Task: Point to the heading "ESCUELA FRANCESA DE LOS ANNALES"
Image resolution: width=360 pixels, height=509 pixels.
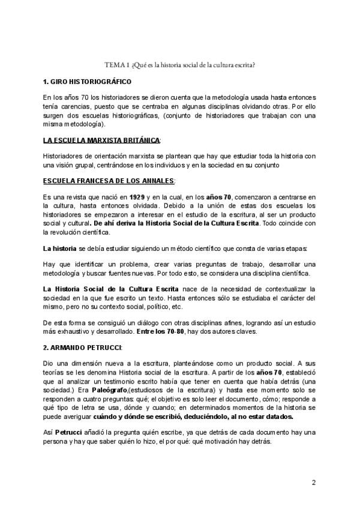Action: [109, 181]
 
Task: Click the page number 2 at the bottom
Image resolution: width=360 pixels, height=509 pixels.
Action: [314, 483]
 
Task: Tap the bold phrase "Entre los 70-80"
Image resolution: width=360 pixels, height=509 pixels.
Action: [164, 331]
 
